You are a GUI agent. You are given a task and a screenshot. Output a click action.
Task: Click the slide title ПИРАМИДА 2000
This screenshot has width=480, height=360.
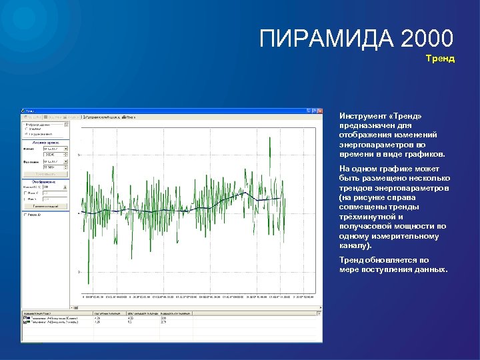pos(357,38)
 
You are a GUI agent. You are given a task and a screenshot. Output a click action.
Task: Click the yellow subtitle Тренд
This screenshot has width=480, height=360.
pos(440,59)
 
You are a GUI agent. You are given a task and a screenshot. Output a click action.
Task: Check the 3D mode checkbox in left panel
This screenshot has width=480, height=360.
pos(26,215)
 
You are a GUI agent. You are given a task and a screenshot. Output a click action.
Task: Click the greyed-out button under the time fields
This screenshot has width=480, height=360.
pos(46,173)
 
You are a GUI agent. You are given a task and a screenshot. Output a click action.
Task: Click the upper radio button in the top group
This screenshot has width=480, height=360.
pos(26,129)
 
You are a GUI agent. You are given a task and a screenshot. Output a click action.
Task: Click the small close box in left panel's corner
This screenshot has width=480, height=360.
pos(67,123)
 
